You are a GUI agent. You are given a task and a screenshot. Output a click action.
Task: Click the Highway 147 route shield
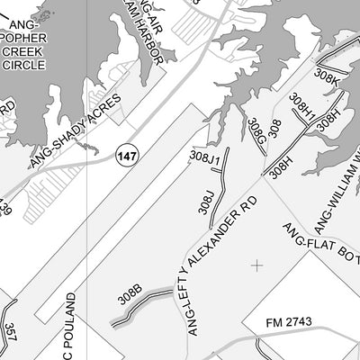(127, 157)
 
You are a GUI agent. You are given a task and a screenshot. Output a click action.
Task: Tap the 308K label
(328, 78)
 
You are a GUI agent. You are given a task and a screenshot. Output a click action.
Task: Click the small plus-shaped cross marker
(257, 265)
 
